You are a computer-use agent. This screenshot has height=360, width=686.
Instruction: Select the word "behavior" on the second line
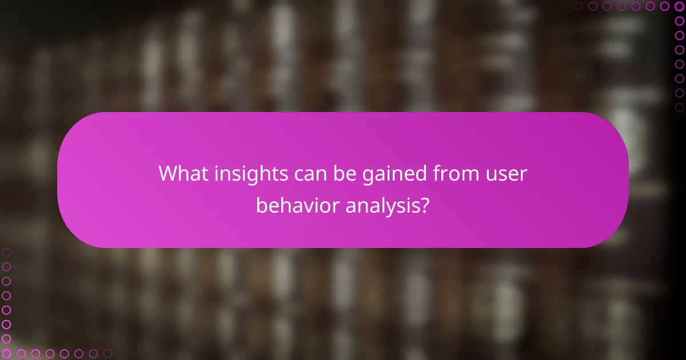297,206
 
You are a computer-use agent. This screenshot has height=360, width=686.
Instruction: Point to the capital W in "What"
169,173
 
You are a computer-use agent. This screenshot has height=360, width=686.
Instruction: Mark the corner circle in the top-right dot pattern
680,6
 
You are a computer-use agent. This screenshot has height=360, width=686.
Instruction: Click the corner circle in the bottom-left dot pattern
6,354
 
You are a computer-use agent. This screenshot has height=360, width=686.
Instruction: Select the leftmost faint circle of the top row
579,6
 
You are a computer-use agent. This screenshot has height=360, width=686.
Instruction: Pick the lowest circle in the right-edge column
680,107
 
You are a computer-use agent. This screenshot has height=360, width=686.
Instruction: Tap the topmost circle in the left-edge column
6,252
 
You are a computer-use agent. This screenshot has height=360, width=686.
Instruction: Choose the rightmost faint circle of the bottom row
107,354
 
